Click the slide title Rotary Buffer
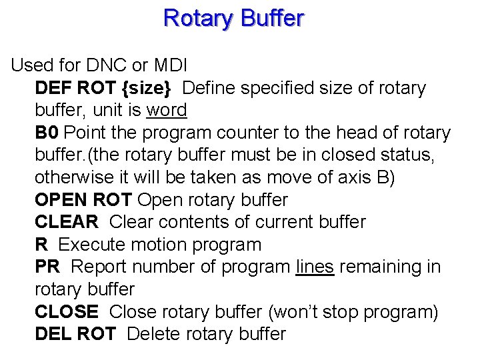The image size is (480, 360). click(233, 18)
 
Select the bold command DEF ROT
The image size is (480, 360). click(75, 88)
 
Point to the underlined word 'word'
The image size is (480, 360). click(167, 110)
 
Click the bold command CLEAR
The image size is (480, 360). click(67, 222)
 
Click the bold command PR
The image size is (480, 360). click(47, 267)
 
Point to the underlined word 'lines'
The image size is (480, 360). click(314, 267)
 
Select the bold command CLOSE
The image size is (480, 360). click(67, 311)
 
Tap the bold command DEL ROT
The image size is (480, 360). click(75, 334)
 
